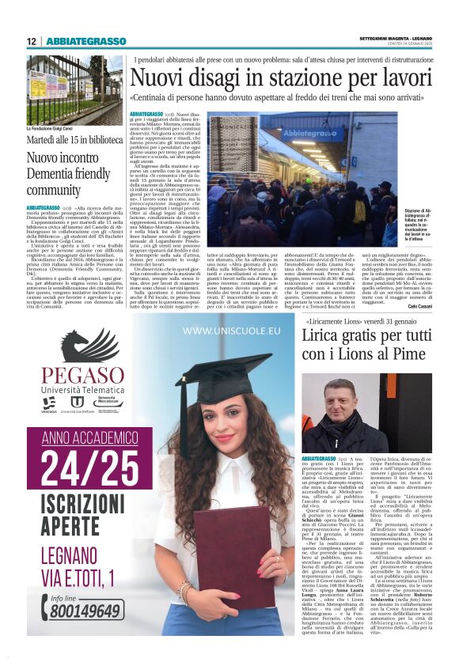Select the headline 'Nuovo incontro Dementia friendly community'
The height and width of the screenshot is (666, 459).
(x=70, y=173)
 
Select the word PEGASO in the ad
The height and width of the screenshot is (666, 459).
(x=82, y=377)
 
